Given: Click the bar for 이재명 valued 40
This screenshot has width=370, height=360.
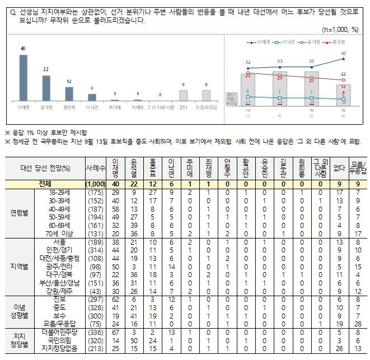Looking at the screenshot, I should coord(24,77).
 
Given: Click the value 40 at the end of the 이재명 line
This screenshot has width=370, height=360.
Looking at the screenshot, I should coord(343,53).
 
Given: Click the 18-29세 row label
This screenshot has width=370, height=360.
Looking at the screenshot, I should coord(58,191).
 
